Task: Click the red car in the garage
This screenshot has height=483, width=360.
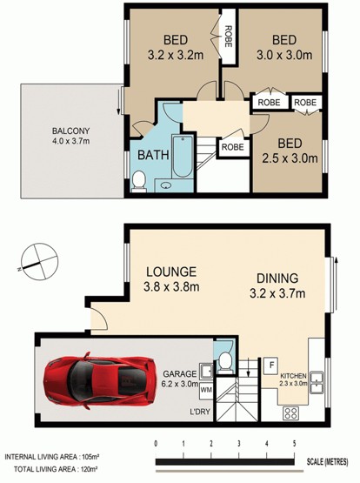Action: click(x=99, y=380)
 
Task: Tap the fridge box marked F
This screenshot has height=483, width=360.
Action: click(x=271, y=366)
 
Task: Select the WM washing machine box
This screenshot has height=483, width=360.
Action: click(x=206, y=390)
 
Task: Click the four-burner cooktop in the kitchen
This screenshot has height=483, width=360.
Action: click(x=290, y=413)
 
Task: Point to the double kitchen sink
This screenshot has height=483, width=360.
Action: click(x=317, y=383)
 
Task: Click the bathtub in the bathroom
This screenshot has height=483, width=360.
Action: click(x=183, y=156)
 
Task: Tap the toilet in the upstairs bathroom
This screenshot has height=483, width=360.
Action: click(x=139, y=181)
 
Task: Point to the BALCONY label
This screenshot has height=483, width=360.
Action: click(x=70, y=131)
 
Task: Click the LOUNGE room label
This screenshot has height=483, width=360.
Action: click(x=171, y=272)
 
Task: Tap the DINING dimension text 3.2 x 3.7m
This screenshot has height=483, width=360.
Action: click(x=277, y=293)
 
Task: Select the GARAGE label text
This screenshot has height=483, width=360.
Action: click(x=179, y=374)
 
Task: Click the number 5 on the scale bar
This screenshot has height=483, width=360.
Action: click(x=295, y=444)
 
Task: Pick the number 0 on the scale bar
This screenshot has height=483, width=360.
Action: click(x=157, y=444)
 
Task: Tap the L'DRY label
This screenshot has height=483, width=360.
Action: click(x=200, y=412)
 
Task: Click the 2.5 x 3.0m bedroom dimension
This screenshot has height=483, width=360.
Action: click(x=290, y=158)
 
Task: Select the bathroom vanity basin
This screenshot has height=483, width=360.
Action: click(x=167, y=185)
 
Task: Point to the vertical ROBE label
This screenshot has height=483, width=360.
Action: click(x=228, y=37)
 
